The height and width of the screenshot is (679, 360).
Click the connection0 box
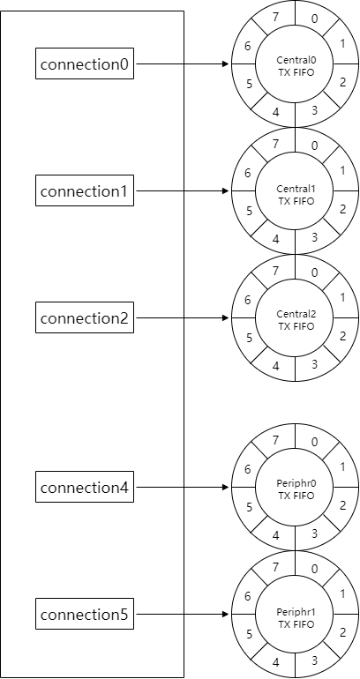[x=85, y=64]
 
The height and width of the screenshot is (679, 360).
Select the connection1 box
[x=85, y=190]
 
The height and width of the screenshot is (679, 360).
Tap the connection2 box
[x=85, y=317]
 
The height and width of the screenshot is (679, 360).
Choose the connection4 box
[x=85, y=488]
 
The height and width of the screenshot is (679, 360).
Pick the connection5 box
[x=85, y=615]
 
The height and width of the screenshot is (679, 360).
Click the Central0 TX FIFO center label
[x=296, y=64]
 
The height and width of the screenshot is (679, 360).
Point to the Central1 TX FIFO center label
[x=296, y=195]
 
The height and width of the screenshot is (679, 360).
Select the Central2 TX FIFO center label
[x=296, y=321]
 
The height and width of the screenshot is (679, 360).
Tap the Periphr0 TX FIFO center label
[x=296, y=490]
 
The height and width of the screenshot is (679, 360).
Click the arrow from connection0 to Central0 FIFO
[x=181, y=64]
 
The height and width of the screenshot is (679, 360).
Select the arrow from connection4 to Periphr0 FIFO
[x=181, y=488]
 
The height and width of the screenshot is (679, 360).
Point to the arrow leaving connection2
[x=181, y=317]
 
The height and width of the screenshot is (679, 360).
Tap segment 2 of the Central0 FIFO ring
[x=342, y=83]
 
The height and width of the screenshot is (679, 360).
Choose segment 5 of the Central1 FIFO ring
[x=251, y=211]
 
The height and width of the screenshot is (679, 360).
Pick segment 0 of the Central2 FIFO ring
[x=315, y=272]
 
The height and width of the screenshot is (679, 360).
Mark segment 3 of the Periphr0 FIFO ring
[x=316, y=534]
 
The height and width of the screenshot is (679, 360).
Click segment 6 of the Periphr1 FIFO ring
[x=248, y=597]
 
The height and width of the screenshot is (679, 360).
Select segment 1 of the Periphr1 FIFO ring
[x=341, y=593]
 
